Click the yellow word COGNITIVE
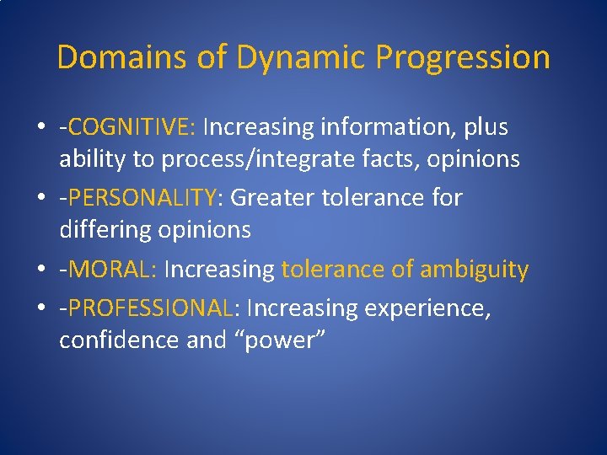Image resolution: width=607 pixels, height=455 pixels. [x=132, y=127]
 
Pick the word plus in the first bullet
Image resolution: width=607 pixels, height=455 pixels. [x=483, y=127]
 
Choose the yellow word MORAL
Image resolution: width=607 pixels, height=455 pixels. [x=113, y=270]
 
